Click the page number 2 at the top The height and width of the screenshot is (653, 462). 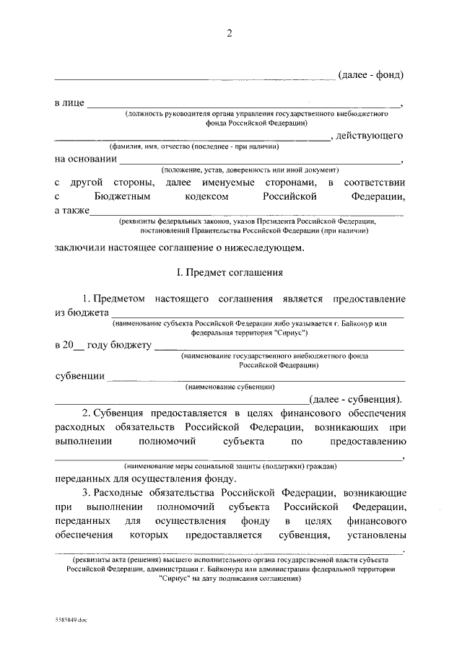tap(230, 32)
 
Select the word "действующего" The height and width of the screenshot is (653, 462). tap(368, 136)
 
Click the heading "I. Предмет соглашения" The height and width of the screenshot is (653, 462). tap(230, 273)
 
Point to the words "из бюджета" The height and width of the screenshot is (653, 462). tap(81, 312)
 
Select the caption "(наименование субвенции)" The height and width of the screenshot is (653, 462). tap(230, 387)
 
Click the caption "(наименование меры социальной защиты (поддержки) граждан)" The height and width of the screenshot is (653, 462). tap(230, 467)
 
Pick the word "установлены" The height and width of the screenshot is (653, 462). tap(375, 535)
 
